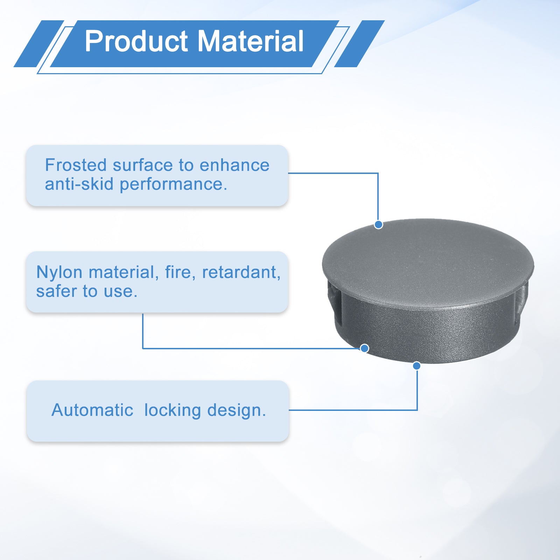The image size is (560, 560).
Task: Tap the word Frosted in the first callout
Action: tap(76, 165)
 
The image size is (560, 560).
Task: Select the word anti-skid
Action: tap(79, 184)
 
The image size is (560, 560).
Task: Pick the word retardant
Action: tap(241, 272)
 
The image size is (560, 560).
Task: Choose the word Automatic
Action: tap(92, 410)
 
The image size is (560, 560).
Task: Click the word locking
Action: tap(173, 411)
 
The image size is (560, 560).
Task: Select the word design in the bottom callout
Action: tap(236, 411)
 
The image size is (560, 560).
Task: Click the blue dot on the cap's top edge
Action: tap(378, 225)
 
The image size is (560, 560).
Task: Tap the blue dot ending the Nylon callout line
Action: tap(364, 348)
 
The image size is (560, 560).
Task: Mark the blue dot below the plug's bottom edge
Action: tap(416, 366)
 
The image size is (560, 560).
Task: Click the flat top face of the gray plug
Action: tap(428, 261)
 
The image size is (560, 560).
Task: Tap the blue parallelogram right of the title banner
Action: tap(359, 44)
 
